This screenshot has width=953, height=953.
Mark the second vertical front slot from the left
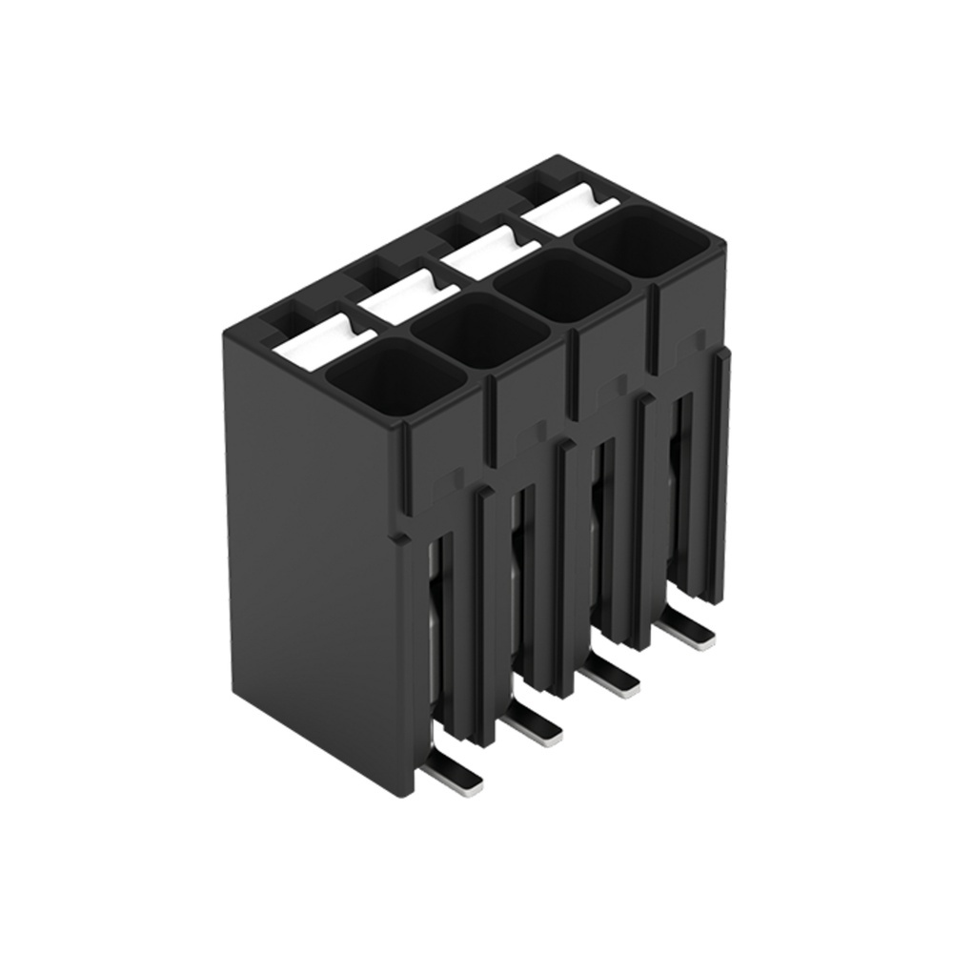click(519, 581)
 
